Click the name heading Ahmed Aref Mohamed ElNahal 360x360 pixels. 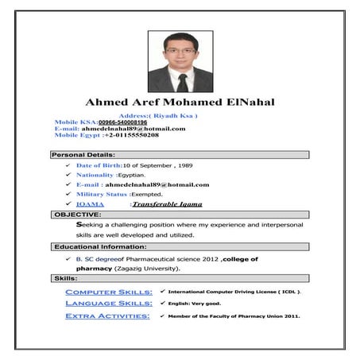180,103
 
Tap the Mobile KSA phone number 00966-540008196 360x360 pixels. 122,122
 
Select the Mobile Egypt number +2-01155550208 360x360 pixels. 131,135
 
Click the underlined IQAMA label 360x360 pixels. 90,204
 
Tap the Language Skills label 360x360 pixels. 108,304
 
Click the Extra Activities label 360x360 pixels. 106,315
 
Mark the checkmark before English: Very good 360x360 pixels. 162,304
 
